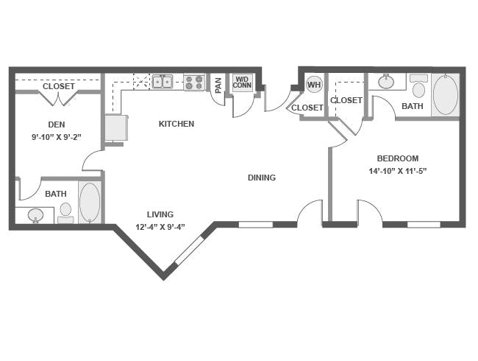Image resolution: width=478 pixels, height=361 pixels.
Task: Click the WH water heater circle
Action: click(x=314, y=84)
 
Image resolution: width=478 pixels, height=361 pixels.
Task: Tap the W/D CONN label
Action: click(x=242, y=83)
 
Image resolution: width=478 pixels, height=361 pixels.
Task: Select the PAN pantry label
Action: click(x=218, y=85)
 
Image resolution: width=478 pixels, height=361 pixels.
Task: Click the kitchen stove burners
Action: click(x=194, y=83)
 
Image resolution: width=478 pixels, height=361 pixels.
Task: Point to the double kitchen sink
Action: click(x=163, y=82)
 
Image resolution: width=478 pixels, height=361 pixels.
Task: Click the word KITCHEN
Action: click(x=176, y=124)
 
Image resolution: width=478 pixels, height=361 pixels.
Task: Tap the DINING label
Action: click(x=262, y=178)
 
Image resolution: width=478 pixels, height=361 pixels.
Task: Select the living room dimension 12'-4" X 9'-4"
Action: click(x=160, y=227)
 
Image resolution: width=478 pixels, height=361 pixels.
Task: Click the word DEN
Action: click(x=57, y=125)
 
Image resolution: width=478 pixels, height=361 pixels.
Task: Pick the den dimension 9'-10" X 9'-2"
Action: click(x=57, y=137)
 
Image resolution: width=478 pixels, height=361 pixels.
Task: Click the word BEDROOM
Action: click(x=398, y=158)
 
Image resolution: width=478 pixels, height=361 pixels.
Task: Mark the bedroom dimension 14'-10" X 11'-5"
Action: click(x=398, y=171)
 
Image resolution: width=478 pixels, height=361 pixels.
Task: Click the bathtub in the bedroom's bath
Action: click(x=446, y=94)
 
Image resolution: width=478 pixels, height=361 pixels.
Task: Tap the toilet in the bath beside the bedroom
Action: click(x=419, y=86)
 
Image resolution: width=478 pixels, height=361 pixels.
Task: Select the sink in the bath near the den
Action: click(x=36, y=215)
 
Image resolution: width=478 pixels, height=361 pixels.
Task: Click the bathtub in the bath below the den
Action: click(x=90, y=202)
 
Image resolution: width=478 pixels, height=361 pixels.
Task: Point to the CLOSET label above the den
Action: click(x=59, y=86)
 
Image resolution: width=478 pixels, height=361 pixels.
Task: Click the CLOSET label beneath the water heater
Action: click(x=307, y=108)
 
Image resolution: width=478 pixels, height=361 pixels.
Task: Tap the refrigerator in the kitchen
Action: click(x=116, y=127)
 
